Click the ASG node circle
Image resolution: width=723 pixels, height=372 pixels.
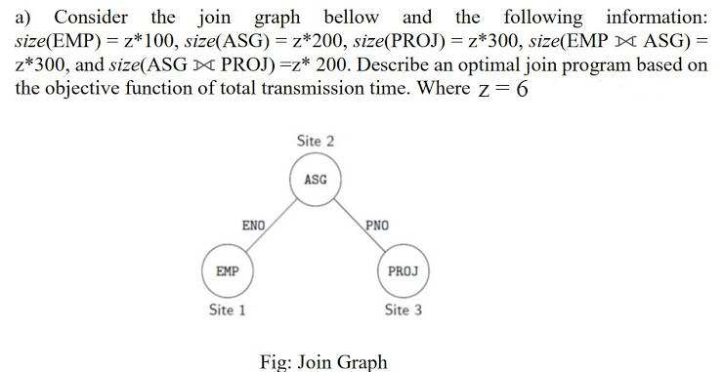pos(315,181)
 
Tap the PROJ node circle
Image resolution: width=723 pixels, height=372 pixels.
pos(404,270)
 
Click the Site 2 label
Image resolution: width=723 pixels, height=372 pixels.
pos(315,142)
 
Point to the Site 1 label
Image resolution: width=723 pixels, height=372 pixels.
pos(228,310)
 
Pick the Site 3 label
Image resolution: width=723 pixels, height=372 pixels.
pos(404,310)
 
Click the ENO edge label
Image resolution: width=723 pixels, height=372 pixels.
pos(254,226)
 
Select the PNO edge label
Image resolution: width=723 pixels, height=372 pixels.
pos(378,226)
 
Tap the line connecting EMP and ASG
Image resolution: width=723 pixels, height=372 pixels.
pos(269,227)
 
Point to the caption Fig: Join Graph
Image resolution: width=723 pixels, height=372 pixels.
pos(323,361)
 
